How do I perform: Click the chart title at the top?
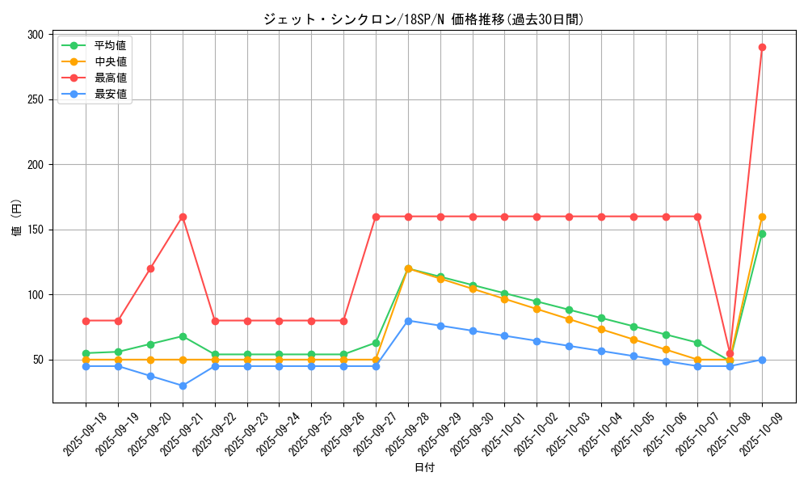[x=423, y=19]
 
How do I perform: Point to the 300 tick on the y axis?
[x=35, y=35]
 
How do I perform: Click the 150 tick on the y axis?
[x=35, y=230]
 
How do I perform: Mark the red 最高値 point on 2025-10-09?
[x=762, y=47]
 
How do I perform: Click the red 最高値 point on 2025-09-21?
[x=183, y=217]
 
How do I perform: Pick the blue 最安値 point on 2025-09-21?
[x=183, y=386]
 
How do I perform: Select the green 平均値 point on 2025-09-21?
[x=183, y=336]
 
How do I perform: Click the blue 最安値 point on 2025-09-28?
[x=408, y=321]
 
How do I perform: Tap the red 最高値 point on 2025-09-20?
[x=150, y=268]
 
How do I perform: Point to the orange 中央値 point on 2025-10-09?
[x=762, y=217]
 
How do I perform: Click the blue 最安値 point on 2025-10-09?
[x=762, y=360]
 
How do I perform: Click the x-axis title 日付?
[x=424, y=468]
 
